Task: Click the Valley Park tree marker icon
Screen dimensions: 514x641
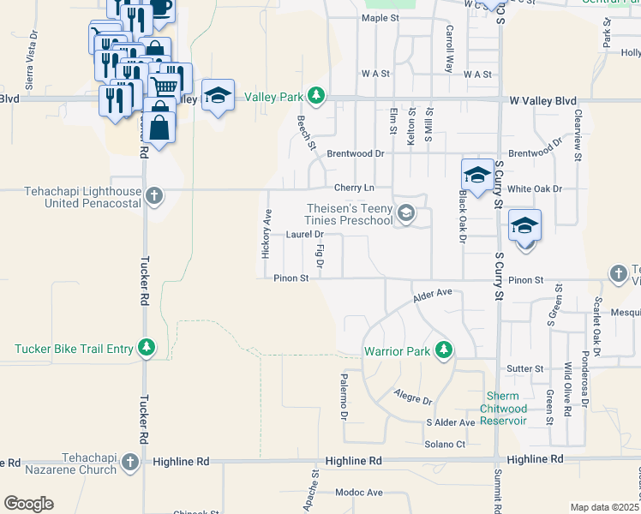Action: [317, 94]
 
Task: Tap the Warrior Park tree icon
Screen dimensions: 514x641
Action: [443, 350]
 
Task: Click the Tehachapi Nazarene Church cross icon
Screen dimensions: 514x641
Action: [129, 463]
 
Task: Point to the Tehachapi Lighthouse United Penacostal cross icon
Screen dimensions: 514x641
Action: [153, 196]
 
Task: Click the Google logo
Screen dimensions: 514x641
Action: [28, 503]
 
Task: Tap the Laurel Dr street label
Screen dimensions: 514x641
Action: [305, 234]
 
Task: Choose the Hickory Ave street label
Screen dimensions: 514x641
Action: [266, 235]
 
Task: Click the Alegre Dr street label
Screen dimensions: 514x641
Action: [413, 398]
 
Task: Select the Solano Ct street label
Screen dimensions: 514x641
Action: [445, 444]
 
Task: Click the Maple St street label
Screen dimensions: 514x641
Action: [380, 17]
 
